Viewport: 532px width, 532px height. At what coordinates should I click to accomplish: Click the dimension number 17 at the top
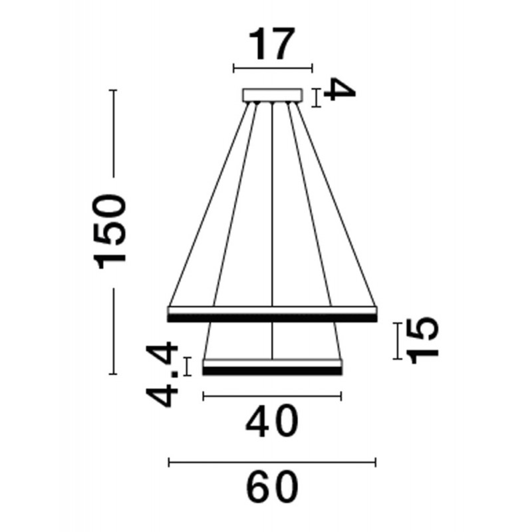click(272, 44)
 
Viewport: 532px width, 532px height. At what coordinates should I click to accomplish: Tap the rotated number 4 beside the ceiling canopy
click(339, 90)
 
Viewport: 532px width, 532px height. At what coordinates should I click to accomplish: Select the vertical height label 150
click(109, 231)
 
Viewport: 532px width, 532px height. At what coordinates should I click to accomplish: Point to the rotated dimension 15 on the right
click(422, 340)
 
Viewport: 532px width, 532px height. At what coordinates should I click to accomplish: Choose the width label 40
click(272, 422)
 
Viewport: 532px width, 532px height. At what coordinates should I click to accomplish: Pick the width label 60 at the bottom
click(272, 487)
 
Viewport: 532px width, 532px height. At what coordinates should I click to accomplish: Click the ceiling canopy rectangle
click(273, 94)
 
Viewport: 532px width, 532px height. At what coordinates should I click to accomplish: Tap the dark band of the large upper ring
click(273, 319)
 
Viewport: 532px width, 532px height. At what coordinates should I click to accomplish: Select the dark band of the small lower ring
click(273, 371)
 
